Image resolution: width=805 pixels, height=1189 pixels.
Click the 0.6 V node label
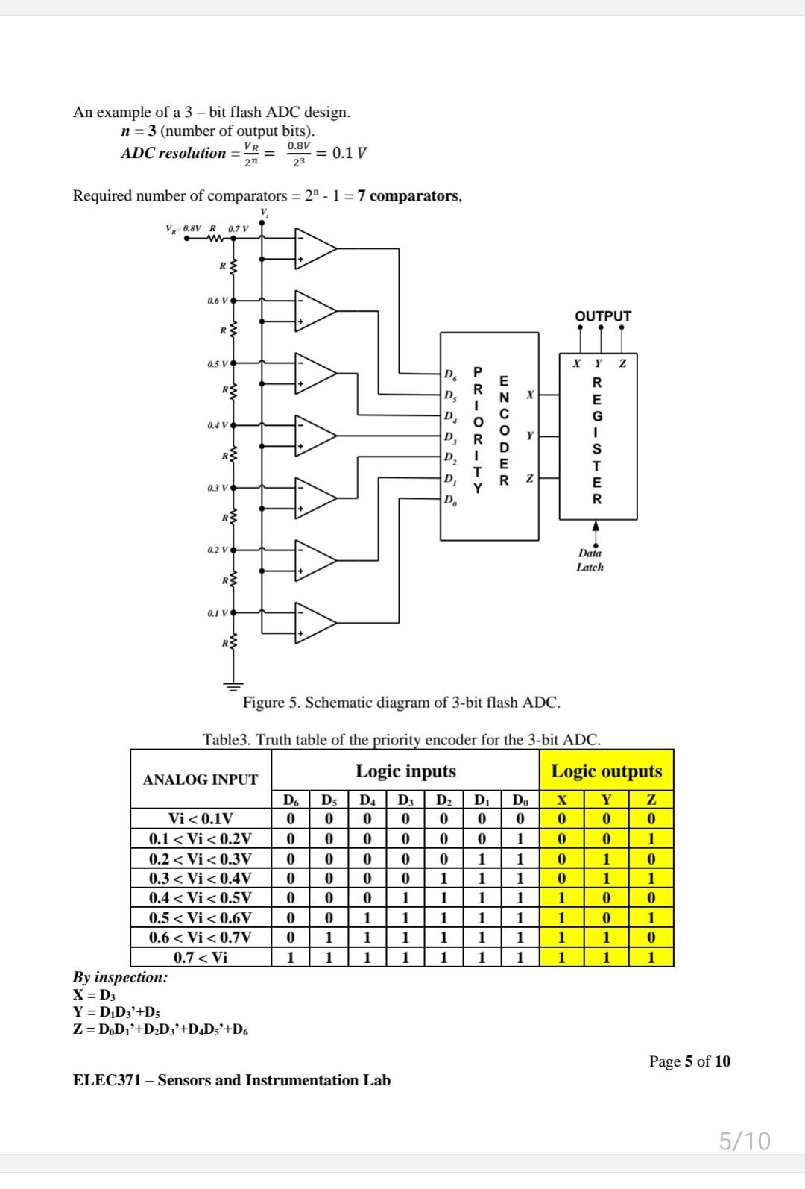click(x=217, y=301)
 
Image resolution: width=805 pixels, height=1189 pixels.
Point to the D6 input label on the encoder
click(x=450, y=374)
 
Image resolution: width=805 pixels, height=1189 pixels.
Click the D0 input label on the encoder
click(x=450, y=500)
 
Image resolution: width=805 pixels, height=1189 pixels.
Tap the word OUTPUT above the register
click(x=602, y=316)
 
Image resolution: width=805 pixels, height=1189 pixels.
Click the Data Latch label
click(x=590, y=560)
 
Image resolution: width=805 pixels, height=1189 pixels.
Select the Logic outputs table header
click(x=606, y=771)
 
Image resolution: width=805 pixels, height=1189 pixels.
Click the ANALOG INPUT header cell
click(x=201, y=779)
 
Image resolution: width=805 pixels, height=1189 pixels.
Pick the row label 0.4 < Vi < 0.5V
click(x=201, y=897)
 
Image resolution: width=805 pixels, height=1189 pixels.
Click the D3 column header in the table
click(x=405, y=800)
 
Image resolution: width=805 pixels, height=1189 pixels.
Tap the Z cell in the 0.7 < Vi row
click(x=651, y=956)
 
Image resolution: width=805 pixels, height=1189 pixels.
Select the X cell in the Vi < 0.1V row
click(x=562, y=819)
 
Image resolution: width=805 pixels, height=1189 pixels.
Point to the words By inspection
click(x=120, y=977)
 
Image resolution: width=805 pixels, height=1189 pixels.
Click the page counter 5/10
click(x=744, y=1141)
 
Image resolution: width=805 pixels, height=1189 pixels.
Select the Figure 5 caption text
click(x=401, y=702)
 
